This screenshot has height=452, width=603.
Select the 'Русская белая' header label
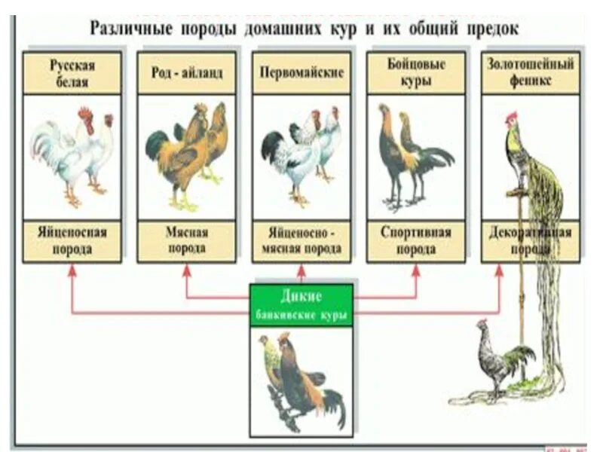72,73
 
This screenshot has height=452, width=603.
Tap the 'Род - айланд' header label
186,73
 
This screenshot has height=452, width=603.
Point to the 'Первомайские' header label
301,73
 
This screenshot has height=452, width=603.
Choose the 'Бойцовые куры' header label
415,73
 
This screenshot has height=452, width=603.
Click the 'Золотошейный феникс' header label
531,73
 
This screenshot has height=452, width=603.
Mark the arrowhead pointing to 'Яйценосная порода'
72,271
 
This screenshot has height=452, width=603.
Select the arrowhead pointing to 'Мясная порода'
187,271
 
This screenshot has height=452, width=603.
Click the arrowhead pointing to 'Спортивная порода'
415,271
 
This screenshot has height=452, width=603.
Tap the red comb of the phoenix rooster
512,117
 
